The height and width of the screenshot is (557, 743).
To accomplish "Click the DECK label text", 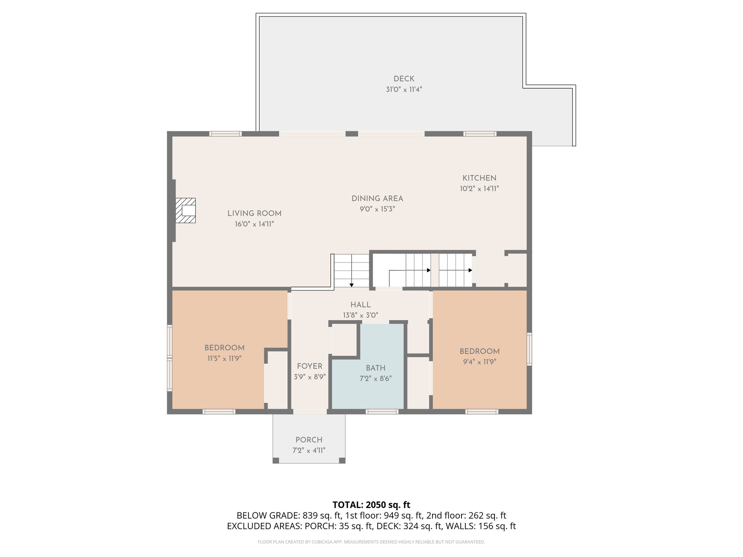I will [404, 79].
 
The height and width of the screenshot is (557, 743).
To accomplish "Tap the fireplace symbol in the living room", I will [186, 210].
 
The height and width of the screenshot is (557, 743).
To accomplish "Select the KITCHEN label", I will [479, 178].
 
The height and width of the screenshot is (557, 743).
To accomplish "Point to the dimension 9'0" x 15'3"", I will [377, 209].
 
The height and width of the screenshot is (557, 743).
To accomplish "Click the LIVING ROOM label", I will [254, 214].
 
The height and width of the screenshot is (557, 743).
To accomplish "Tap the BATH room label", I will [375, 368].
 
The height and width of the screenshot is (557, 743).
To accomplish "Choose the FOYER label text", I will [309, 366].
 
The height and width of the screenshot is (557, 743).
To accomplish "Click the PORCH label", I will [309, 440].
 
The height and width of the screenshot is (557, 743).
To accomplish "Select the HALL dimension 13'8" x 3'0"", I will [361, 315].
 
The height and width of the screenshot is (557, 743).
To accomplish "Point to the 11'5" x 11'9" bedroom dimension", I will [224, 359].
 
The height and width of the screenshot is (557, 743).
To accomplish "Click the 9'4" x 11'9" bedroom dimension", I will [479, 362].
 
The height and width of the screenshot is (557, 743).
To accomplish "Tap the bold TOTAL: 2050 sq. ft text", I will [371, 505].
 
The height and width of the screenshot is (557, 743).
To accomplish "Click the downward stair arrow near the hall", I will [352, 285].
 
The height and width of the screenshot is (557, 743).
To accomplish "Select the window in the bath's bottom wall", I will [382, 412].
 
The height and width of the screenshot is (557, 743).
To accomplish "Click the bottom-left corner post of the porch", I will [276, 460].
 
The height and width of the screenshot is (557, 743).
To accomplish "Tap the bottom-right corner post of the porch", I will [342, 460].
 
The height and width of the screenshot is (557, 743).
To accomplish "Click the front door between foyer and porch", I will [310, 412].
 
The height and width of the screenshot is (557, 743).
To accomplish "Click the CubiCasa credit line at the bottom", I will [371, 542].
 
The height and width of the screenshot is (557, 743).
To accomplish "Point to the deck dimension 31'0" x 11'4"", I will [404, 90].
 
